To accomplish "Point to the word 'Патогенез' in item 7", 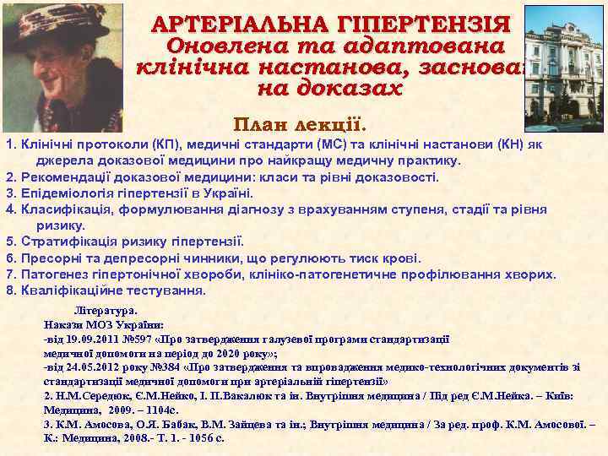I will tap(57, 274).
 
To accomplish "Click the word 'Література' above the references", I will tap(105, 311).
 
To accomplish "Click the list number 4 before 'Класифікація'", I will tap(9, 209).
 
